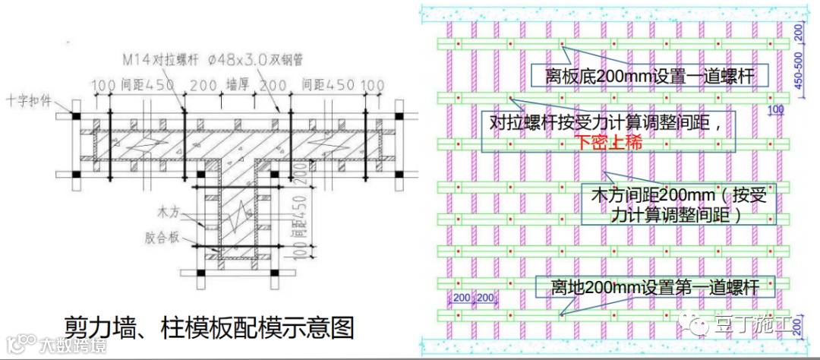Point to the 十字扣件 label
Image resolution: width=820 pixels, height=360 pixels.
tap(30, 99)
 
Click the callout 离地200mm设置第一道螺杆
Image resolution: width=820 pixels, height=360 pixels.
tap(652, 288)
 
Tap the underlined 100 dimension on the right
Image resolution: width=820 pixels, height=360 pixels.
tap(775, 110)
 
